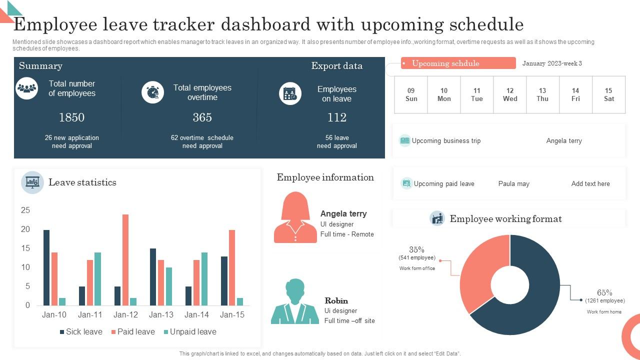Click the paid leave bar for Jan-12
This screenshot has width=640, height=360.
click(x=125, y=260)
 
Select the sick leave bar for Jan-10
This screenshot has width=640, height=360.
click(x=46, y=267)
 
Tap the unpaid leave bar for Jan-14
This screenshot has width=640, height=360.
click(x=204, y=278)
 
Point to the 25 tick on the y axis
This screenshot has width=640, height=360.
click(x=25, y=210)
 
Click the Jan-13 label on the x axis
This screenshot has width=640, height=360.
click(x=161, y=314)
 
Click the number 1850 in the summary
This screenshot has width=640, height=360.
click(x=71, y=117)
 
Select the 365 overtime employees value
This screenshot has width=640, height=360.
click(x=202, y=117)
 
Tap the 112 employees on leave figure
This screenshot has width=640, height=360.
click(x=336, y=117)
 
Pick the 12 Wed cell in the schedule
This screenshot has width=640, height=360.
click(x=509, y=94)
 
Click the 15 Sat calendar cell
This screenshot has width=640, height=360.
click(x=608, y=94)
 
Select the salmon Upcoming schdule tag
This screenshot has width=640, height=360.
click(x=458, y=63)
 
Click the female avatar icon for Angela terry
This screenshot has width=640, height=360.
click(x=295, y=218)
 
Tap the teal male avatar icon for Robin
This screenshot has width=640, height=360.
click(x=295, y=301)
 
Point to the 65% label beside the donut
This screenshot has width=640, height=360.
click(x=604, y=293)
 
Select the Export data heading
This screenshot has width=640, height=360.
click(x=336, y=66)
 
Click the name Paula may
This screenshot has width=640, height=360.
click(x=513, y=184)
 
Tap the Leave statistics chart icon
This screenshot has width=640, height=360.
click(x=32, y=182)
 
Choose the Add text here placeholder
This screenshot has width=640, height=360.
click(x=590, y=184)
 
